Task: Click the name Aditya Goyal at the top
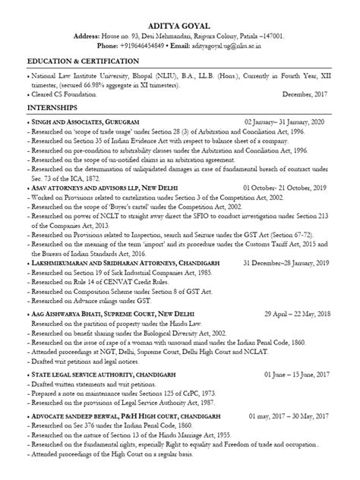[x=179, y=24]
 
